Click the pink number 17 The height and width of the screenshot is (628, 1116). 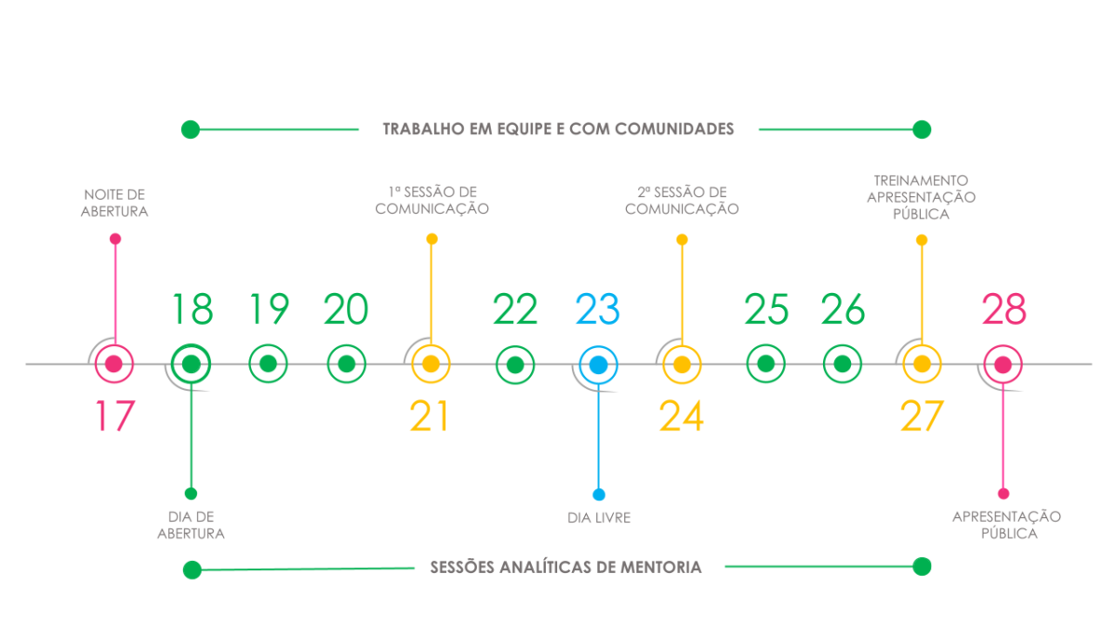pyautogui.click(x=115, y=416)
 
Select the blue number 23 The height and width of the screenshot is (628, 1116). pyautogui.click(x=597, y=309)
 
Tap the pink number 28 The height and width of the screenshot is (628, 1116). pyautogui.click(x=1003, y=309)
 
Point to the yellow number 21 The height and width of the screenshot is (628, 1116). pyautogui.click(x=429, y=416)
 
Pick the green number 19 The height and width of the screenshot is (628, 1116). pyautogui.click(x=269, y=309)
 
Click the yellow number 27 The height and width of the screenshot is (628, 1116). pyautogui.click(x=922, y=416)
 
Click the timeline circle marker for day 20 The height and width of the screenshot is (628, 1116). pyautogui.click(x=346, y=364)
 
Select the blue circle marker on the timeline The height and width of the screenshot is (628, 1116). pyautogui.click(x=598, y=365)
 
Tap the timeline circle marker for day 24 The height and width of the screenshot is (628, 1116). pyautogui.click(x=682, y=365)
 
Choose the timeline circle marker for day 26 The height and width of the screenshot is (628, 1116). pyautogui.click(x=842, y=364)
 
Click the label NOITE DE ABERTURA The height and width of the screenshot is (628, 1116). pyautogui.click(x=114, y=203)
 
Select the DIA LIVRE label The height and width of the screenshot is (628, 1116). pyautogui.click(x=599, y=518)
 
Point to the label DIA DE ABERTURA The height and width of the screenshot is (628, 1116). pyautogui.click(x=191, y=525)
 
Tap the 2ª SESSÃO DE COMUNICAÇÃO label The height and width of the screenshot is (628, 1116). pyautogui.click(x=682, y=200)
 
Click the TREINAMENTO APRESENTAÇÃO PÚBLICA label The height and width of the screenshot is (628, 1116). pyautogui.click(x=922, y=197)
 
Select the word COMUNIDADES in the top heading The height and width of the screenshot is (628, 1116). pyautogui.click(x=674, y=128)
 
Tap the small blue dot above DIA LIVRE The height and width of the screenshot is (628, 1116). pyautogui.click(x=599, y=494)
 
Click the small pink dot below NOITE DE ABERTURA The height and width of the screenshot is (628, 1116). pyautogui.click(x=115, y=239)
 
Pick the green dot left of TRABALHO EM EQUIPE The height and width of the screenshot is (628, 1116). pyautogui.click(x=191, y=129)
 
